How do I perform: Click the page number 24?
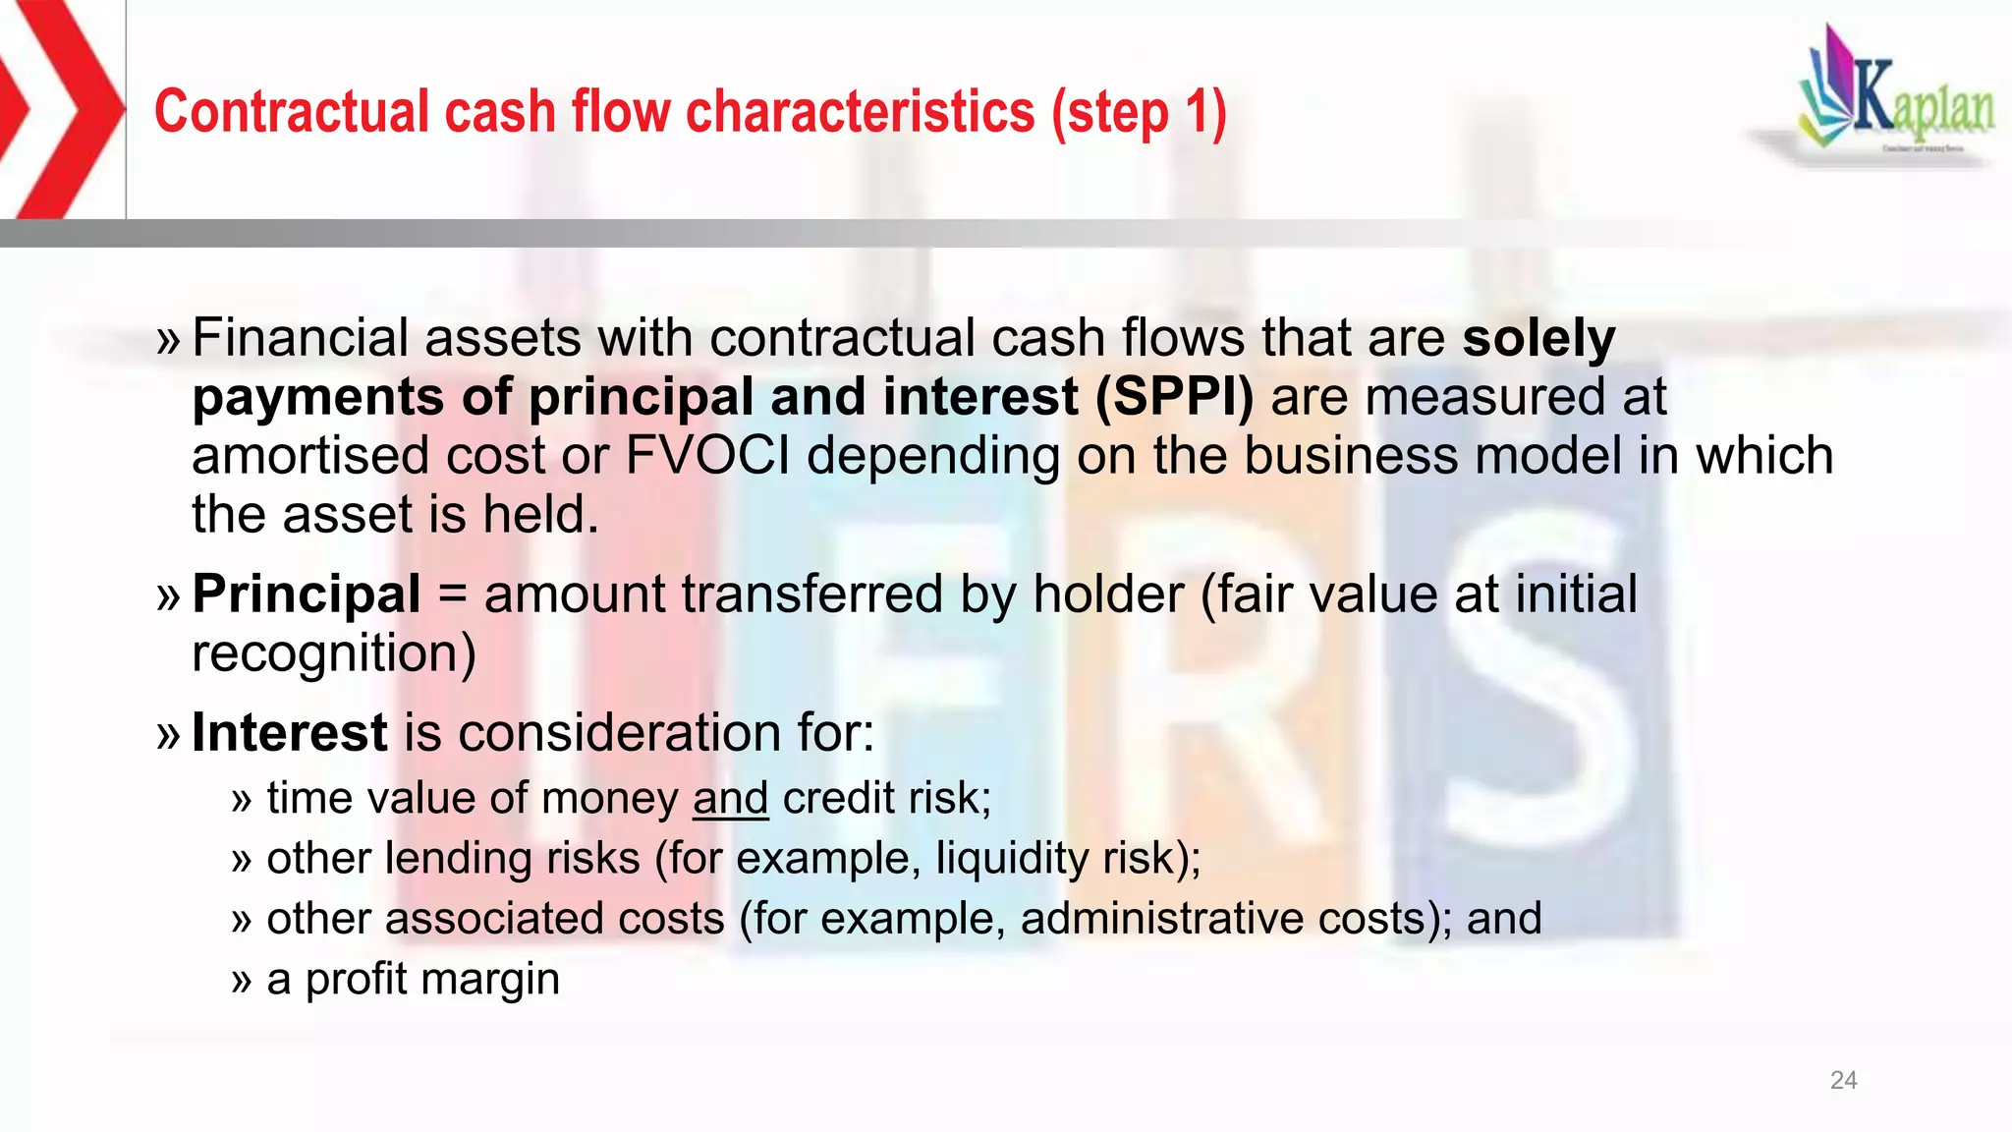[1843, 1081]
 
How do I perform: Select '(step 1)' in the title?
[1139, 112]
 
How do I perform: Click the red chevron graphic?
[59, 108]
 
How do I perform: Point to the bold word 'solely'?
[1538, 338]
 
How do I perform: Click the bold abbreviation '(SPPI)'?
[1174, 397]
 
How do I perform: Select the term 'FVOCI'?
[707, 456]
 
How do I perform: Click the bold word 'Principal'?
[307, 594]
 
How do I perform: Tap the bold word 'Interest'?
[290, 733]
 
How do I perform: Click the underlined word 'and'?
[730, 798]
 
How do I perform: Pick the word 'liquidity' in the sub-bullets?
[1011, 858]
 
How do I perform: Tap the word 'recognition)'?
[334, 654]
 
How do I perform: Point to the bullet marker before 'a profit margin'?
[242, 980]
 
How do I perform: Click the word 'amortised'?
[309, 456]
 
